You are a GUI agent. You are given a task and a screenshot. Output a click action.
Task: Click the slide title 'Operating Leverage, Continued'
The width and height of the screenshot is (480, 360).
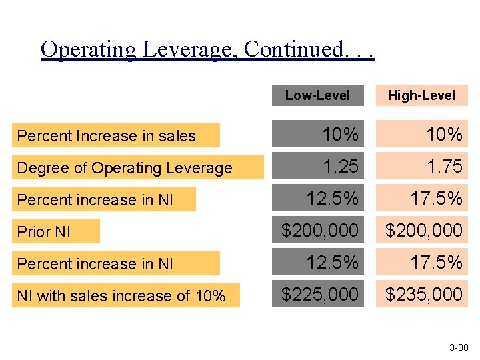[207, 50]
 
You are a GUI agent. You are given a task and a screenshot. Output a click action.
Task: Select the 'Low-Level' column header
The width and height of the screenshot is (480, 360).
[317, 95]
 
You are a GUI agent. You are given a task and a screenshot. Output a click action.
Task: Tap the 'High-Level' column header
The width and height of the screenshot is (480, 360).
[421, 95]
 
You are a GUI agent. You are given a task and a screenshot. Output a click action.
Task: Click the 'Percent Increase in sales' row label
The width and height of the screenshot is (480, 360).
[107, 136]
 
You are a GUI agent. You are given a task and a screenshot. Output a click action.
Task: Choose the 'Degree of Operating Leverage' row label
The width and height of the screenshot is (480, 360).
[125, 168]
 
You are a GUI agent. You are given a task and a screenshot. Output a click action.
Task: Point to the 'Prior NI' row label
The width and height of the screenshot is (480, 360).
[44, 232]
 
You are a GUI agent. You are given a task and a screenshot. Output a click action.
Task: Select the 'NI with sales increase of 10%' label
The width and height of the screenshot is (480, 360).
[121, 296]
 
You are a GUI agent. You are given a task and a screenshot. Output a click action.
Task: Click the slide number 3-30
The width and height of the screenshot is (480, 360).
[459, 347]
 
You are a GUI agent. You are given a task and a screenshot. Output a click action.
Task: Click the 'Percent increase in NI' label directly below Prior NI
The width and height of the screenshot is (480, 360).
[95, 264]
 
